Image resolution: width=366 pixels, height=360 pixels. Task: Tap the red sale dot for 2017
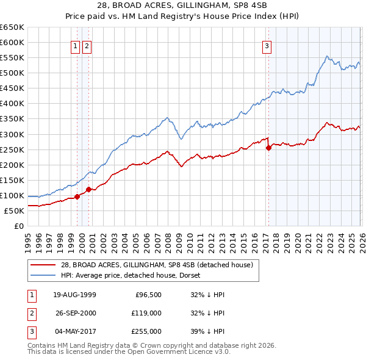268,148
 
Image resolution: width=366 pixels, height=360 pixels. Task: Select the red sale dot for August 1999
77,196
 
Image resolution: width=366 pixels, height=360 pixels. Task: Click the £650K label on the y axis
13,27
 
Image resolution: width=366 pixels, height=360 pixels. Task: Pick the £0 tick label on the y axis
19,226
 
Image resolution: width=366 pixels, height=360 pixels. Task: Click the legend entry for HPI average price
134,275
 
